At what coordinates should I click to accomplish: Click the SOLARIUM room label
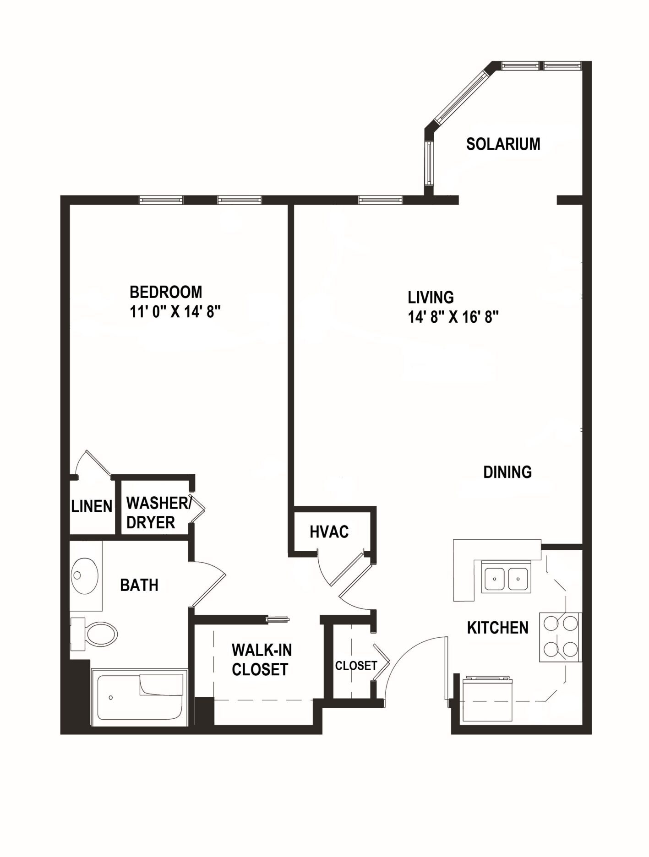pyautogui.click(x=503, y=144)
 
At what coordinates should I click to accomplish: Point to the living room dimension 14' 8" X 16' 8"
pyautogui.click(x=453, y=317)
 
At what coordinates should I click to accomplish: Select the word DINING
pyautogui.click(x=507, y=472)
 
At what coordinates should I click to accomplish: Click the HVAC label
pyautogui.click(x=329, y=532)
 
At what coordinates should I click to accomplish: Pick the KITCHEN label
pyautogui.click(x=497, y=628)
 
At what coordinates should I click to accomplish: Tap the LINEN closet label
pyautogui.click(x=92, y=506)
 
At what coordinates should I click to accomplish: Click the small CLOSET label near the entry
pyautogui.click(x=356, y=666)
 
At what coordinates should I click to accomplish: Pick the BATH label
pyautogui.click(x=139, y=585)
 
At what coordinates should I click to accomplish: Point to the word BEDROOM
pyautogui.click(x=166, y=292)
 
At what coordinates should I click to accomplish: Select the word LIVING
pyautogui.click(x=431, y=298)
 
